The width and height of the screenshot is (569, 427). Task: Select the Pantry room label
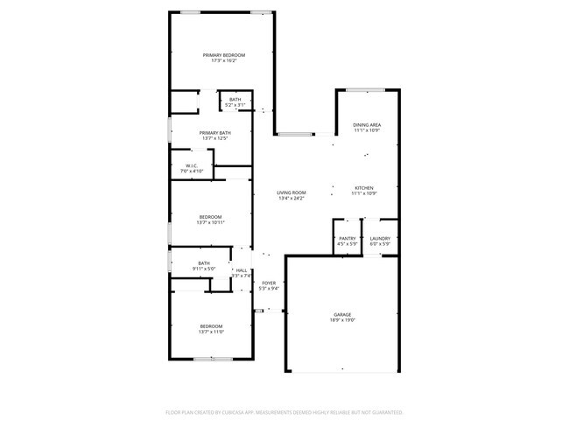point(347,238)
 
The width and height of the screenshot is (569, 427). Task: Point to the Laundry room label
point(380,238)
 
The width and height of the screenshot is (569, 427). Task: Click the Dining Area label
point(366,125)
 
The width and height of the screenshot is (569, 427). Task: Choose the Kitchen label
point(364,187)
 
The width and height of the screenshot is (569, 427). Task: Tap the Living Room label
point(292,192)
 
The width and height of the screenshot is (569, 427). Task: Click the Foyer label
point(269,283)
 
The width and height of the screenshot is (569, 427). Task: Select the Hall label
point(241,270)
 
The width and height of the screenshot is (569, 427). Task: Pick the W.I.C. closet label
point(191,165)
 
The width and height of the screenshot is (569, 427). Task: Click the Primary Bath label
point(214,132)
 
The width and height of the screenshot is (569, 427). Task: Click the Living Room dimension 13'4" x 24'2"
point(292,198)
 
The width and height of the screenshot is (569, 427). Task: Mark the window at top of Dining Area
point(366,89)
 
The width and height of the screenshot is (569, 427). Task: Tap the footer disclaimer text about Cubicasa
point(284,410)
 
